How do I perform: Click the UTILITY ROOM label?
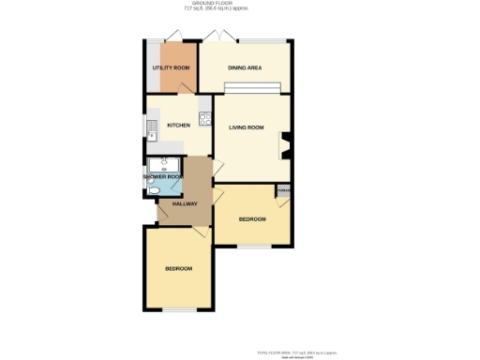[x=172, y=68]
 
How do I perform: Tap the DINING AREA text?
[x=245, y=68]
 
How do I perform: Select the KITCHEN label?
[x=178, y=125]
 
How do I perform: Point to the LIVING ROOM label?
[x=247, y=127]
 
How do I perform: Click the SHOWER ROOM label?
[x=162, y=176]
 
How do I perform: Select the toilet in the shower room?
[x=153, y=187]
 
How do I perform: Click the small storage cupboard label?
[x=282, y=190]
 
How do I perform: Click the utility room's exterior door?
[x=173, y=38]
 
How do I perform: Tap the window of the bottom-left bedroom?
[x=178, y=310]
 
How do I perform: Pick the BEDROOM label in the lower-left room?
[x=178, y=269]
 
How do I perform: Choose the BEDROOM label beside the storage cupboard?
[x=251, y=219]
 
